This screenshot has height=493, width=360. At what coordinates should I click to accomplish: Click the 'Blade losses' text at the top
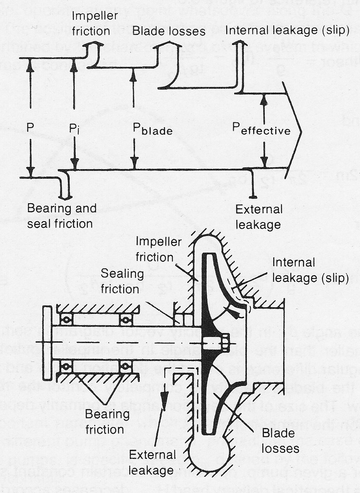point(169,31)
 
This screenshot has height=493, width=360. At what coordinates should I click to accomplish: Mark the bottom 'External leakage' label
point(152,462)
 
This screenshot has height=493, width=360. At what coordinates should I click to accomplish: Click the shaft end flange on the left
point(47,343)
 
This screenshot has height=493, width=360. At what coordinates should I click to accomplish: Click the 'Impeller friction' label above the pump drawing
point(154,249)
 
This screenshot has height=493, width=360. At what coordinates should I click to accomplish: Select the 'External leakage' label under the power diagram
point(259,217)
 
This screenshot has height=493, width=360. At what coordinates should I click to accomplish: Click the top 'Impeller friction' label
point(91,24)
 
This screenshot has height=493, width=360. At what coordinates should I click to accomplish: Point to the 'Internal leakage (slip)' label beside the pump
point(310,270)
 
